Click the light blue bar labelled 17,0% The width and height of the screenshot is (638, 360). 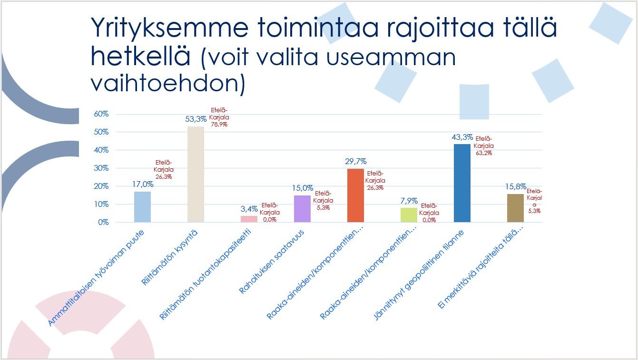[142, 207]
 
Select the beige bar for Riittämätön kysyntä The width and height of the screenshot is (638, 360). [196, 175]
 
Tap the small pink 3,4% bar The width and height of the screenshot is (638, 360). [249, 219]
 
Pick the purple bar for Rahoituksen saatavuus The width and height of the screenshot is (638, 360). [302, 209]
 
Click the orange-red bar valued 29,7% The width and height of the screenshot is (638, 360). [355, 195]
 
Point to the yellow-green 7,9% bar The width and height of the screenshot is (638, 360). [409, 215]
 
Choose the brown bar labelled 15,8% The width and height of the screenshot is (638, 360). [515, 208]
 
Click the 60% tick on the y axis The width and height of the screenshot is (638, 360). [101, 114]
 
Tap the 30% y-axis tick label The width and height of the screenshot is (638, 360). [101, 168]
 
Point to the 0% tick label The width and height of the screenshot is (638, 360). [103, 222]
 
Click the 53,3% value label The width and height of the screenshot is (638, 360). [196, 119]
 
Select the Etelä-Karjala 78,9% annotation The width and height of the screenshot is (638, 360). [219, 117]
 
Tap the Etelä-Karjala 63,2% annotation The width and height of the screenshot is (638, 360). [484, 146]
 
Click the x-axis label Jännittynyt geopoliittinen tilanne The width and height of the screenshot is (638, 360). [419, 275]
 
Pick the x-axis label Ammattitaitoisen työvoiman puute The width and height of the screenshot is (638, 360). [96, 278]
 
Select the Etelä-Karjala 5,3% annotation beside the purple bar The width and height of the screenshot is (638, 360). [323, 201]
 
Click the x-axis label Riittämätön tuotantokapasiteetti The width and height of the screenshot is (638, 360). [206, 274]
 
